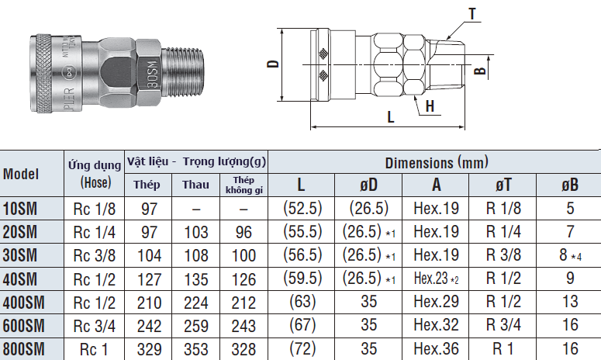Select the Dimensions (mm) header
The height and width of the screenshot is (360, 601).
[x=437, y=163]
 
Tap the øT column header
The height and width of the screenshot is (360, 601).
[x=502, y=185]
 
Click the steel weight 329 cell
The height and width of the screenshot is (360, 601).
[x=147, y=349]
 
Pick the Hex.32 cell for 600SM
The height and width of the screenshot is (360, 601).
[x=436, y=326]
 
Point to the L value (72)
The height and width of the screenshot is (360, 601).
[x=302, y=349]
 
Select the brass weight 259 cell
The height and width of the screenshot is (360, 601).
[x=195, y=326]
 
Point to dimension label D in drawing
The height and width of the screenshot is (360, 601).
[x=272, y=66]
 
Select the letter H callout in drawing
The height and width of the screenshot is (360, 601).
[x=428, y=106]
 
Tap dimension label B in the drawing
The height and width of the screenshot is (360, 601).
[x=480, y=71]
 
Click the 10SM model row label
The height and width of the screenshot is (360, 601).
[x=20, y=208]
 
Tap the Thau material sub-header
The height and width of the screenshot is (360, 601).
[x=195, y=185]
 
